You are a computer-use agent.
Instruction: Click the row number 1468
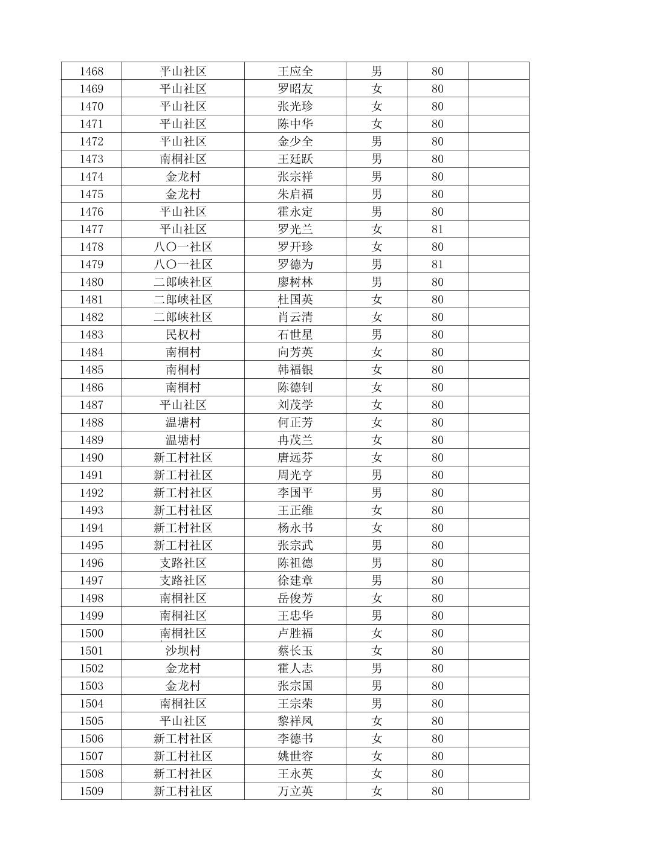tap(91, 71)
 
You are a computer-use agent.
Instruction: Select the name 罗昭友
tap(295, 89)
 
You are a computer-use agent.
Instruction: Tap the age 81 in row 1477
tap(437, 230)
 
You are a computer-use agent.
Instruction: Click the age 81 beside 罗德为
tap(437, 265)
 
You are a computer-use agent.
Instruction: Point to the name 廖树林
tap(295, 282)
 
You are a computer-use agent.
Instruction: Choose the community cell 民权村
tap(183, 335)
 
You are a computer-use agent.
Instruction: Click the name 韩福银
tap(295, 370)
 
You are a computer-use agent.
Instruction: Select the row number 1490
tap(91, 457)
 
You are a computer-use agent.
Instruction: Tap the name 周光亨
tap(295, 475)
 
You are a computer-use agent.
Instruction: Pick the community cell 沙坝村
tap(183, 651)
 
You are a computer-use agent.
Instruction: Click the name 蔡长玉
tap(295, 651)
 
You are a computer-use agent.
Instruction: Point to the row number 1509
tap(91, 791)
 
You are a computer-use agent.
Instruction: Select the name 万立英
tap(295, 791)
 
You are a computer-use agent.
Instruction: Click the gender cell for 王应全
tap(377, 71)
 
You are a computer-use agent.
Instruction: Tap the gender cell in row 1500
tap(377, 633)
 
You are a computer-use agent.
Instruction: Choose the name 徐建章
tap(295, 581)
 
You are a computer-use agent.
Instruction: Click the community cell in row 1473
tap(183, 159)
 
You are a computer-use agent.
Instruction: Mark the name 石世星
tap(295, 335)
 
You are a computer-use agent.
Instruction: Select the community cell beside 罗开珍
tap(183, 247)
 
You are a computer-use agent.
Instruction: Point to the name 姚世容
tap(295, 756)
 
